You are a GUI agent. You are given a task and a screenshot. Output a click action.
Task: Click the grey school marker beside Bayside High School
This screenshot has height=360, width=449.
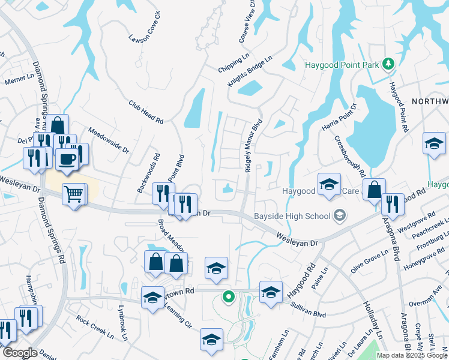coord(340,215)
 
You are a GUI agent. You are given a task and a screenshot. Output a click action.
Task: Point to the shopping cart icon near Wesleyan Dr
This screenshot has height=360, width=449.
coord(73,193)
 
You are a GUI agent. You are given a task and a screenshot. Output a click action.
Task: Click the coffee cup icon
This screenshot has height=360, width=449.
coord(66,160)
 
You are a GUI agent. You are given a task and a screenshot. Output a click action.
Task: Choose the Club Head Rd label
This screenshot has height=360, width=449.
coord(146,112)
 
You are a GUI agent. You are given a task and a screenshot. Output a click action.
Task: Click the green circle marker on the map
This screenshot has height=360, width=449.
coord(228,296)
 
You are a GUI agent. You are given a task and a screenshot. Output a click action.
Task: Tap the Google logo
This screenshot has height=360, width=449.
coord(19,353)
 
